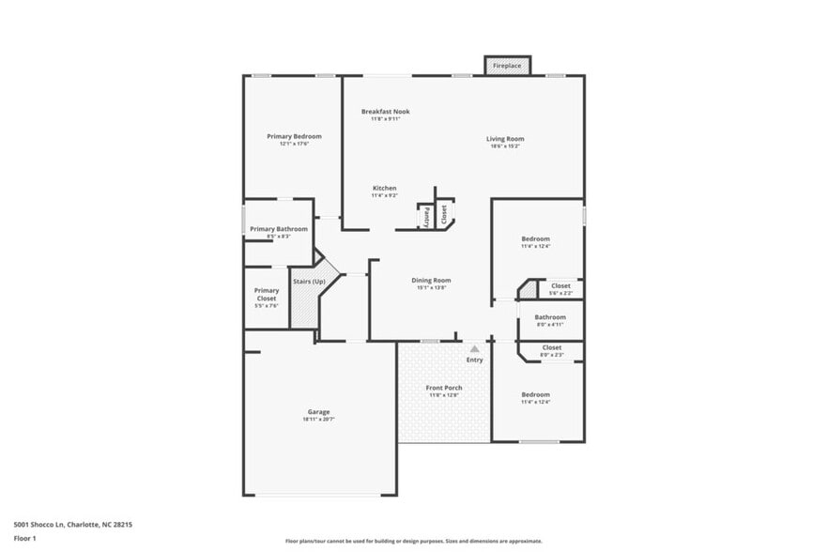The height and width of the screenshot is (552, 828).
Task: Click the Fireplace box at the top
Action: [507, 66]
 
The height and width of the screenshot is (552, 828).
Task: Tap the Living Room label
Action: [505, 139]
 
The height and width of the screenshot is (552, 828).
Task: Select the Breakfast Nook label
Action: [385, 112]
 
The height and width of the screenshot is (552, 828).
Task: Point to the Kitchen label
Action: [384, 188]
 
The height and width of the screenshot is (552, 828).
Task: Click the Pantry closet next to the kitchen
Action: [425, 216]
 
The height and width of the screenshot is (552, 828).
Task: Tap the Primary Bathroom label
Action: [278, 229]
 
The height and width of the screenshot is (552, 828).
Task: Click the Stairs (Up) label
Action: [309, 282]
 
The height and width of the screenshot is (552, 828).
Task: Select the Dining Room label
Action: [431, 281]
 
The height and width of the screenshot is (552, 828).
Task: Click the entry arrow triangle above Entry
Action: [474, 348]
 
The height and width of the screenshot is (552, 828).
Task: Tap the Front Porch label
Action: [443, 388]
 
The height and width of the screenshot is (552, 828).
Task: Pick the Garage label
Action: [318, 412]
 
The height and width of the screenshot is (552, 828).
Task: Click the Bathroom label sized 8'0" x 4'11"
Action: [550, 317]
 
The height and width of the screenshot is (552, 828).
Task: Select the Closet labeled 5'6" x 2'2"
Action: [560, 286]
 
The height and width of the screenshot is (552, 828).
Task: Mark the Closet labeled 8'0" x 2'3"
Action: [552, 348]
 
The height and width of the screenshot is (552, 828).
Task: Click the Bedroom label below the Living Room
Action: [535, 239]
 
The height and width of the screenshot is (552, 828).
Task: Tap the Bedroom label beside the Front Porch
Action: [535, 395]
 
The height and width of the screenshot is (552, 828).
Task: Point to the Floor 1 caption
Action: [24, 538]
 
